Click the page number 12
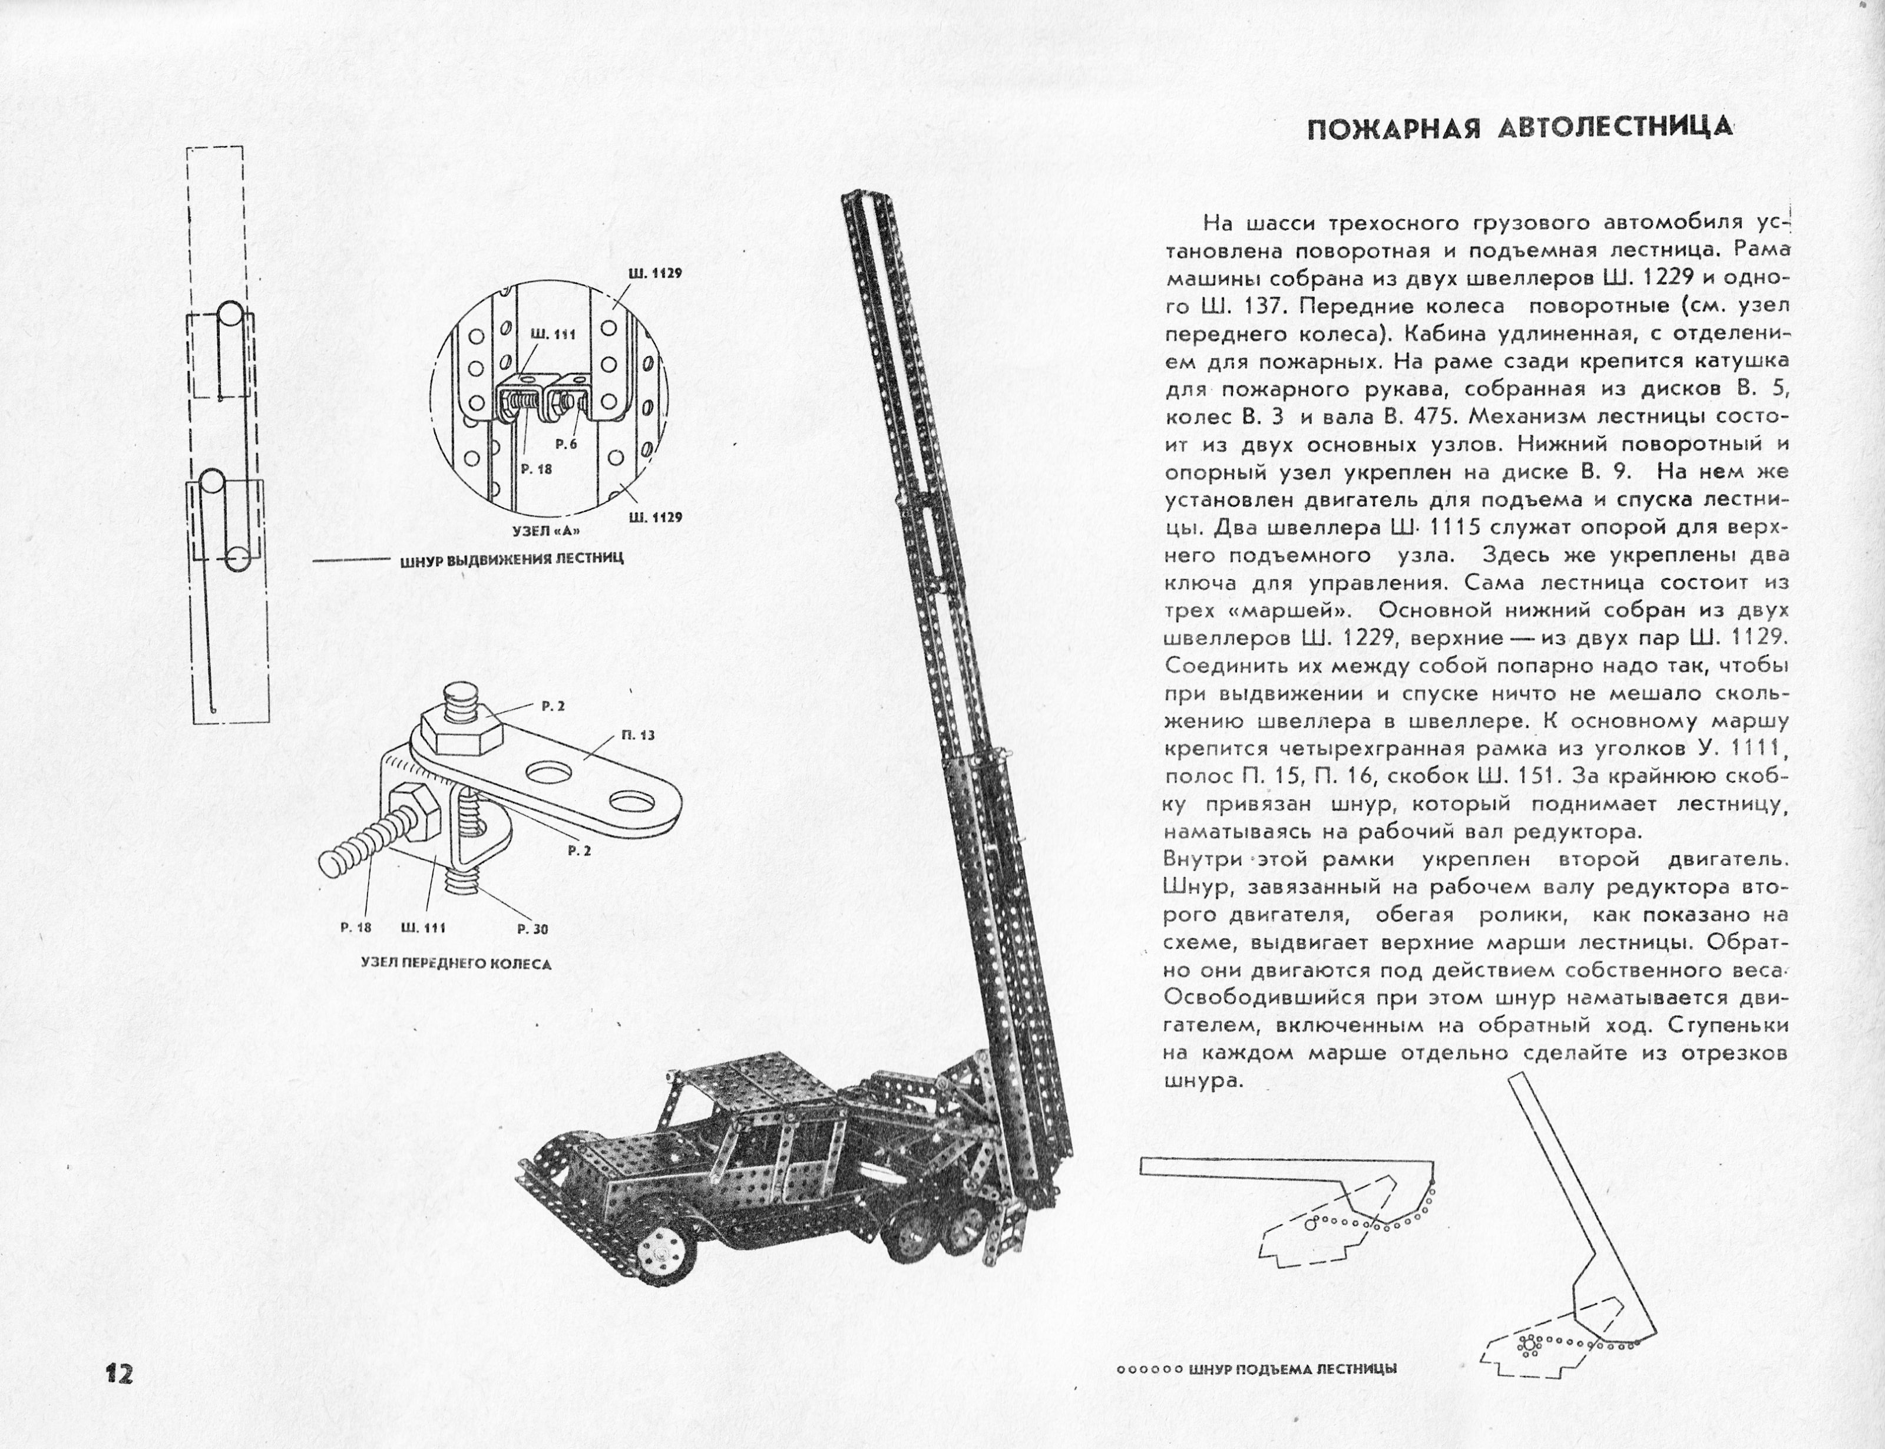coord(118,1373)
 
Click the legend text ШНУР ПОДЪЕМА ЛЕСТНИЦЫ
coord(1292,1368)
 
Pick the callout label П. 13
coord(637,735)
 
